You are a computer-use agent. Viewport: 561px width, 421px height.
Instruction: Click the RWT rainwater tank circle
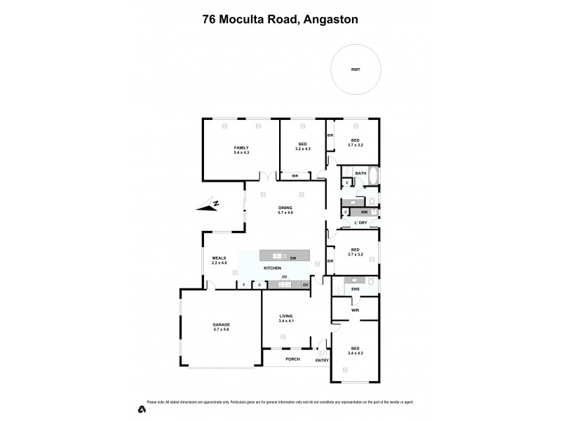(x=356, y=70)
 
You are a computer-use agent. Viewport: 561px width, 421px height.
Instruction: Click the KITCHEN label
(x=272, y=269)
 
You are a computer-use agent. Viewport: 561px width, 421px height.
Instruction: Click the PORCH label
(x=292, y=359)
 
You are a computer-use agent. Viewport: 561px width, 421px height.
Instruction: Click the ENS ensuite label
(x=355, y=288)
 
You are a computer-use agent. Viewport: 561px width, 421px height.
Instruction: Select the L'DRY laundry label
(x=360, y=222)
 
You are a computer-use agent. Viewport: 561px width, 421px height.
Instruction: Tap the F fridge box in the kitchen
(x=243, y=285)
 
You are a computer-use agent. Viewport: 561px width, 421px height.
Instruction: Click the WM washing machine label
(x=364, y=211)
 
